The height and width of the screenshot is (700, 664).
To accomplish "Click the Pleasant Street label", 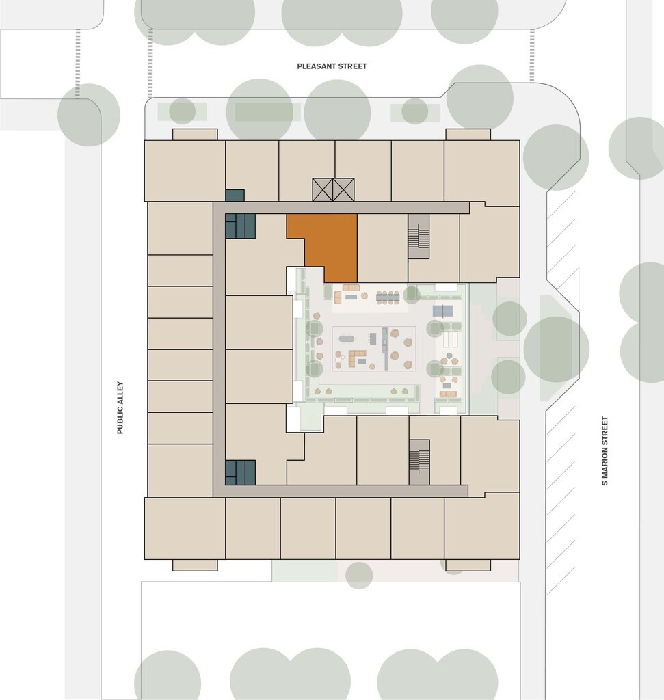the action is (332, 66).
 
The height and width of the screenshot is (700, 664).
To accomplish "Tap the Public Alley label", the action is (120, 407).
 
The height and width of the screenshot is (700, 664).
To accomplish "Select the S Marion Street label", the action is (605, 451).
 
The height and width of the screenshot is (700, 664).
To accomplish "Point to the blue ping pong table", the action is (443, 311).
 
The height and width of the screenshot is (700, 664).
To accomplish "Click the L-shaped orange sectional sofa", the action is (356, 358).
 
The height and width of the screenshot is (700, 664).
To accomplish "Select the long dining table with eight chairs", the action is (388, 297).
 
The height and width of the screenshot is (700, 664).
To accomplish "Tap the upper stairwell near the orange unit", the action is (419, 236).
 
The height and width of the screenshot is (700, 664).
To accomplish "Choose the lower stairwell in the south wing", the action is (419, 462).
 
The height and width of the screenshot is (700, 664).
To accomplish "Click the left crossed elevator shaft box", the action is (322, 190).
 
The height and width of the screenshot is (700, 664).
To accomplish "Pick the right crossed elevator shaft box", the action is (343, 190).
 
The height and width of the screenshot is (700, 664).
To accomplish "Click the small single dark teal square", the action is (235, 195).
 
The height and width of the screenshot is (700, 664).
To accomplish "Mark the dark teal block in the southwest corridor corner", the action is (240, 472).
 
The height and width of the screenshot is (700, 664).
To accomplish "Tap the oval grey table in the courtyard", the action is (347, 339).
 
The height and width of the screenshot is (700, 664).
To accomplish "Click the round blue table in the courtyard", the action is (449, 355).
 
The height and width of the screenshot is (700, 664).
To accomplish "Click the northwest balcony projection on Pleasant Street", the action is (195, 135).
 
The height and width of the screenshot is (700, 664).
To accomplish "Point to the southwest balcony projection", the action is (195, 565).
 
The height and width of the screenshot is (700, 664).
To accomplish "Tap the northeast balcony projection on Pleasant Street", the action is (468, 135).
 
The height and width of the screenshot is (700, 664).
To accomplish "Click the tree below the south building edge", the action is (359, 575).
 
